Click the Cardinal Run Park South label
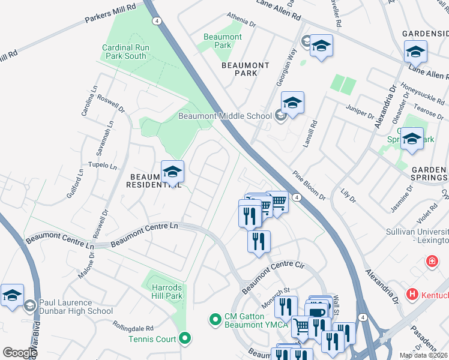pyautogui.click(x=124, y=52)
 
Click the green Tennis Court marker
pyautogui.click(x=185, y=339)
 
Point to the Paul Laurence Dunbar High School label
pyautogui.click(x=76, y=307)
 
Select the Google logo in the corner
pyautogui.click(x=20, y=353)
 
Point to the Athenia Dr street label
pyautogui.click(x=241, y=22)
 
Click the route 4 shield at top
pyautogui.click(x=157, y=20)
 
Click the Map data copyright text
pyautogui.click(x=423, y=355)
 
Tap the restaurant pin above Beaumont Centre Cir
pyautogui.click(x=259, y=242)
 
